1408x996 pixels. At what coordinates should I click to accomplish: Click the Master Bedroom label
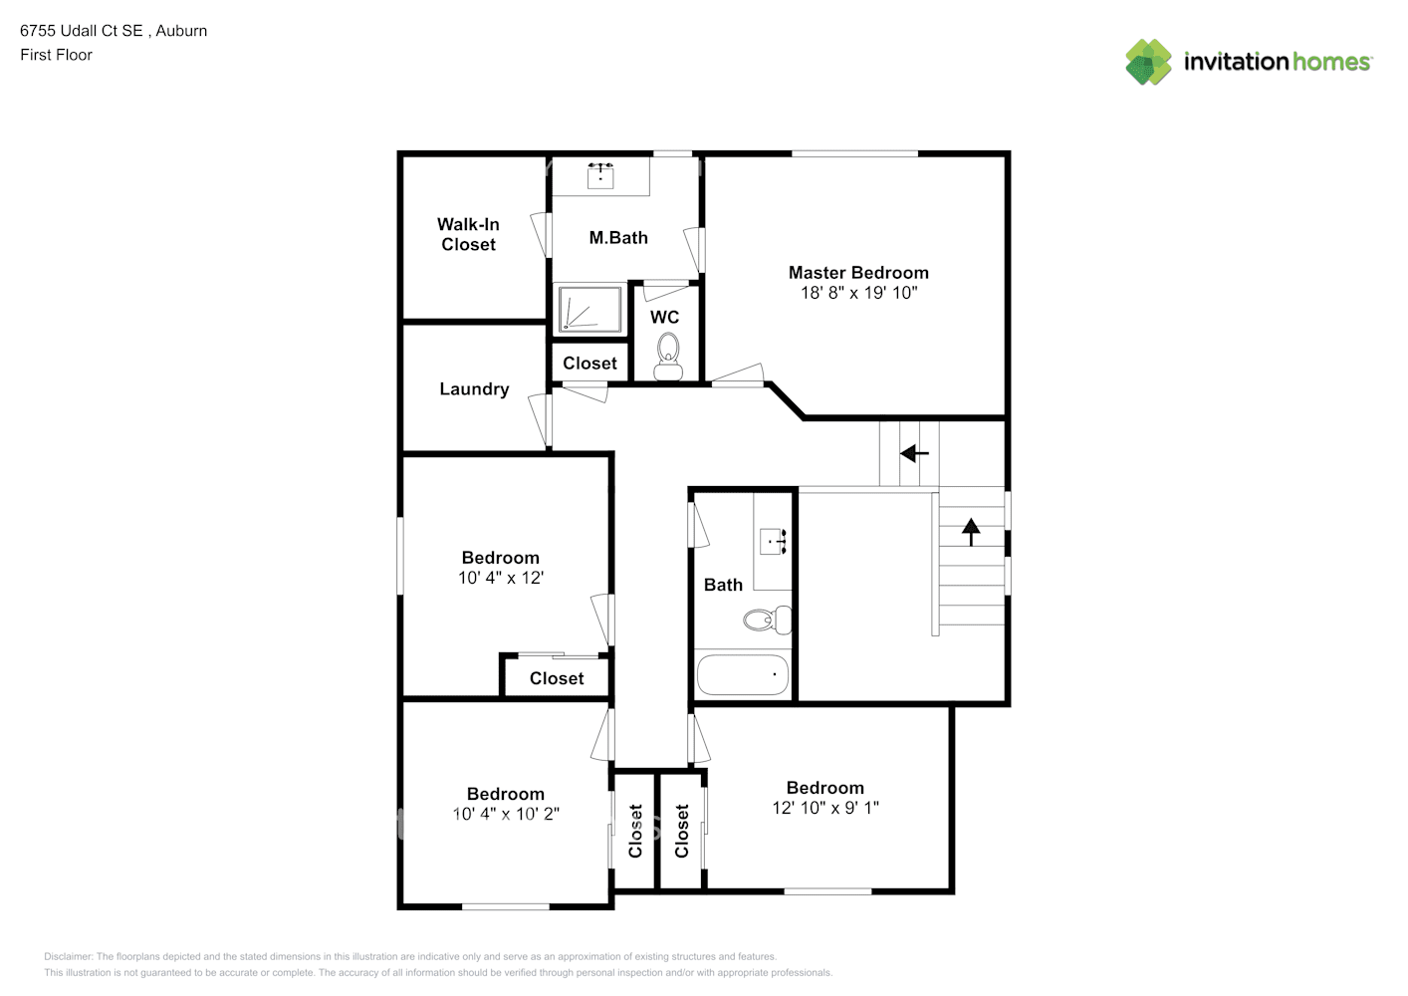[858, 272]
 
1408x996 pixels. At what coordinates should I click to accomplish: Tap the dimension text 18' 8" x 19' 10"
[858, 293]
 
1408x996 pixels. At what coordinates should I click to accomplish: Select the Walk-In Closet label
[468, 234]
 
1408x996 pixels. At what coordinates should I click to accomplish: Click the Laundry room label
[474, 389]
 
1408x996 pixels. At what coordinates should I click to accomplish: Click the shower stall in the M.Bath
[588, 309]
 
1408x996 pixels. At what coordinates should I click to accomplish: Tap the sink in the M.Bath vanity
[599, 176]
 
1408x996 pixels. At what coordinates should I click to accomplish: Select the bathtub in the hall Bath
[743, 674]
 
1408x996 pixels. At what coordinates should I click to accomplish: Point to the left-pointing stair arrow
[914, 454]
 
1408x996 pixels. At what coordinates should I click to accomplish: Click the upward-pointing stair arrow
[971, 531]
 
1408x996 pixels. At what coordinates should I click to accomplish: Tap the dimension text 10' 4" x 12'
[501, 578]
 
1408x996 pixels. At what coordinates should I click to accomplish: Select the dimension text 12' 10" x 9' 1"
[825, 808]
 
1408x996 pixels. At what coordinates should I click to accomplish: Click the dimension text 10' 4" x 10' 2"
[506, 814]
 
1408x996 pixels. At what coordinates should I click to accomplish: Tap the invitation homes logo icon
[1148, 62]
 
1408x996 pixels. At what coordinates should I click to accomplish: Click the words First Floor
[56, 55]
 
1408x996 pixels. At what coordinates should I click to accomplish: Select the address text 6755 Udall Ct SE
[82, 31]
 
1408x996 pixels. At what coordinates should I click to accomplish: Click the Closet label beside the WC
[589, 364]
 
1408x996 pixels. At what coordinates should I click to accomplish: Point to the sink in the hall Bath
[774, 541]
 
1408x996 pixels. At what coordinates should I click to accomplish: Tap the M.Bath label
[618, 238]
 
